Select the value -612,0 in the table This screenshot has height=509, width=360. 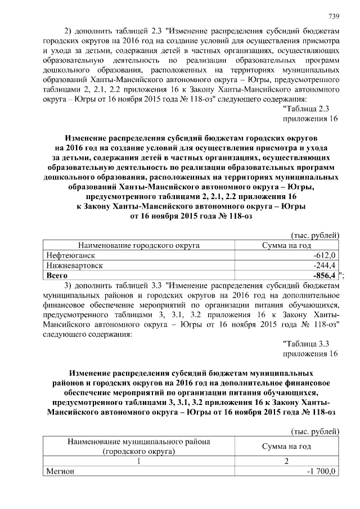[324, 255]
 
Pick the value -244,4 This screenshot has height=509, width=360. [324, 265]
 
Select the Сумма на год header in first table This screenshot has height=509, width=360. [287, 246]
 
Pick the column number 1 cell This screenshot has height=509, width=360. [139, 461]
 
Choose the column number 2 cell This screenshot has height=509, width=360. [287, 461]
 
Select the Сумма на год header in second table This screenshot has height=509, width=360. [287, 446]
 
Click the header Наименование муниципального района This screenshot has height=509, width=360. [139, 442]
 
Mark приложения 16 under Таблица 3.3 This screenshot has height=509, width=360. [310, 353]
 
